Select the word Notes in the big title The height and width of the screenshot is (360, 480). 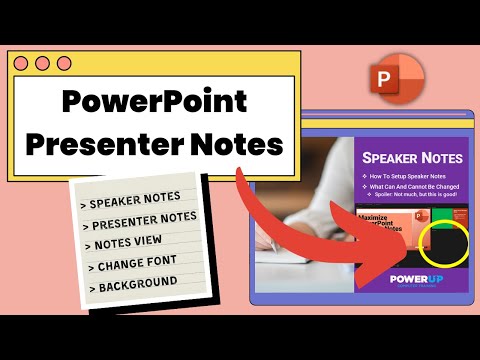point(228,143)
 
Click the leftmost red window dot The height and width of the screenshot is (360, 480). point(22,63)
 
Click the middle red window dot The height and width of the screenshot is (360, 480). point(43,63)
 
